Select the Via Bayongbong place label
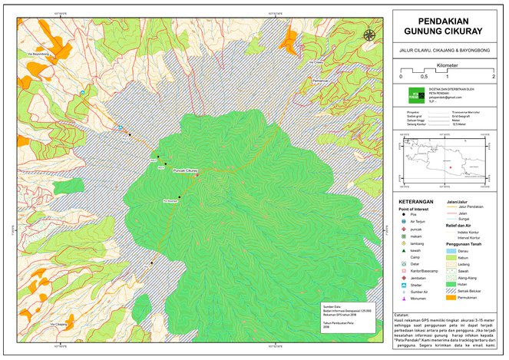(38, 54)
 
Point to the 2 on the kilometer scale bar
(493, 78)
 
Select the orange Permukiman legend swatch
(452, 298)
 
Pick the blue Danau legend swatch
(452, 249)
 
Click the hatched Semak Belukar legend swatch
(452, 291)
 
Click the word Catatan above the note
(402, 315)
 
